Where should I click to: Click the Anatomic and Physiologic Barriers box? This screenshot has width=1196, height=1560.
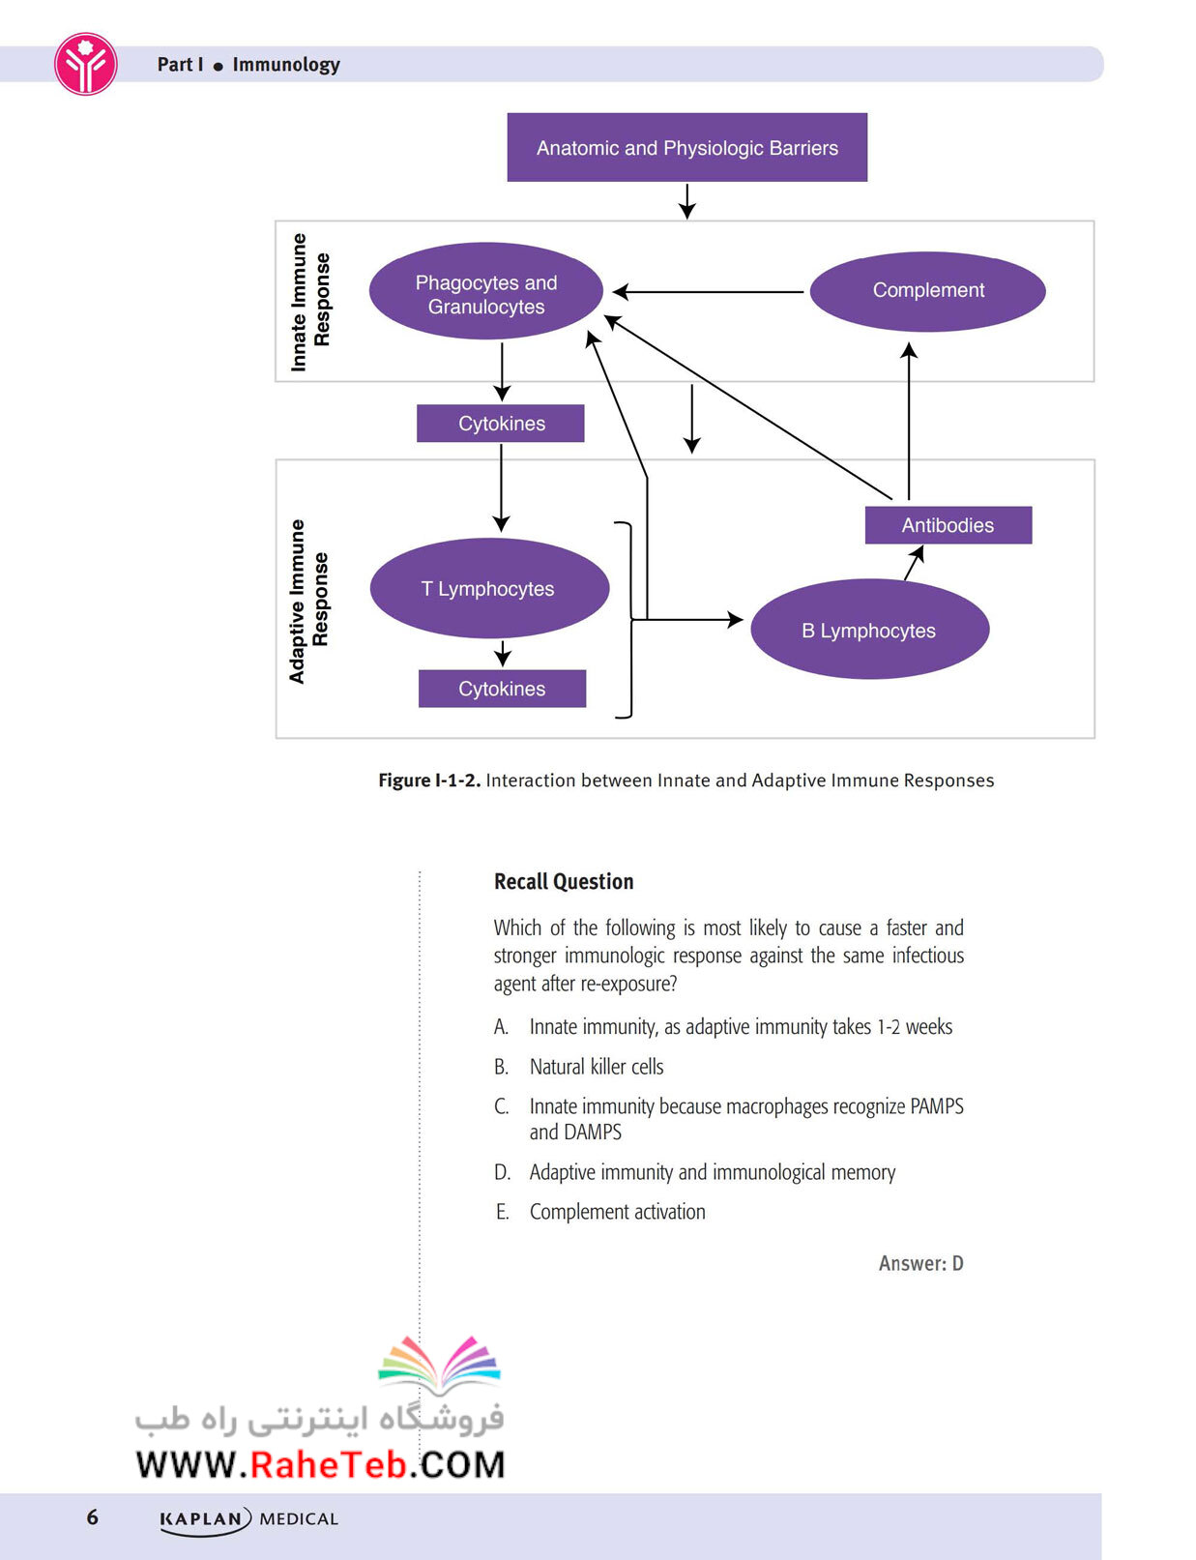click(x=686, y=147)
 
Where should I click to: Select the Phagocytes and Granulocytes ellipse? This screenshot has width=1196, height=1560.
click(x=485, y=291)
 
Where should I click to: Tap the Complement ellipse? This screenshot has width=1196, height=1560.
click(x=927, y=291)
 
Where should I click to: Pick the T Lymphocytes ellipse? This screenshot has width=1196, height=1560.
click(x=489, y=588)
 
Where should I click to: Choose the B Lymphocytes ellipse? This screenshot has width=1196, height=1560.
click(x=869, y=630)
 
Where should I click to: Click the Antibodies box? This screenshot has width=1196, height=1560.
click(x=948, y=525)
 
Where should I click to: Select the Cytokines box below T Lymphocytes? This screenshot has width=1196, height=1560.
click(x=502, y=689)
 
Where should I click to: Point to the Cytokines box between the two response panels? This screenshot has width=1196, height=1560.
click(x=501, y=424)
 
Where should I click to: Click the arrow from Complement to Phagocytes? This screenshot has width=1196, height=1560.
click(x=708, y=291)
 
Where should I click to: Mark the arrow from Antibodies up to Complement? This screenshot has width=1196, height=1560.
click(x=909, y=421)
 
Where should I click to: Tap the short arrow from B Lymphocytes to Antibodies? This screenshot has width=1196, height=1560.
click(x=914, y=563)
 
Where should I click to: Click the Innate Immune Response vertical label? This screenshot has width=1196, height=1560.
click(x=310, y=303)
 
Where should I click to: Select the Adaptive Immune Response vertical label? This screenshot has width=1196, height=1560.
click(x=308, y=601)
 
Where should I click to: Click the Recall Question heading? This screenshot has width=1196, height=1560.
click(x=564, y=881)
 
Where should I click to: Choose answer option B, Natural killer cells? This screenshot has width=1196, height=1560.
click(x=578, y=1067)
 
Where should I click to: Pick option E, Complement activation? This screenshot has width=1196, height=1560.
click(x=599, y=1212)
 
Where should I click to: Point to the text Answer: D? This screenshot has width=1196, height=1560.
click(x=921, y=1263)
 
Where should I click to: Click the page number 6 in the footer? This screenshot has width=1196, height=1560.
click(x=93, y=1516)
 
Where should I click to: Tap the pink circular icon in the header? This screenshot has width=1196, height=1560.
click(x=86, y=64)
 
